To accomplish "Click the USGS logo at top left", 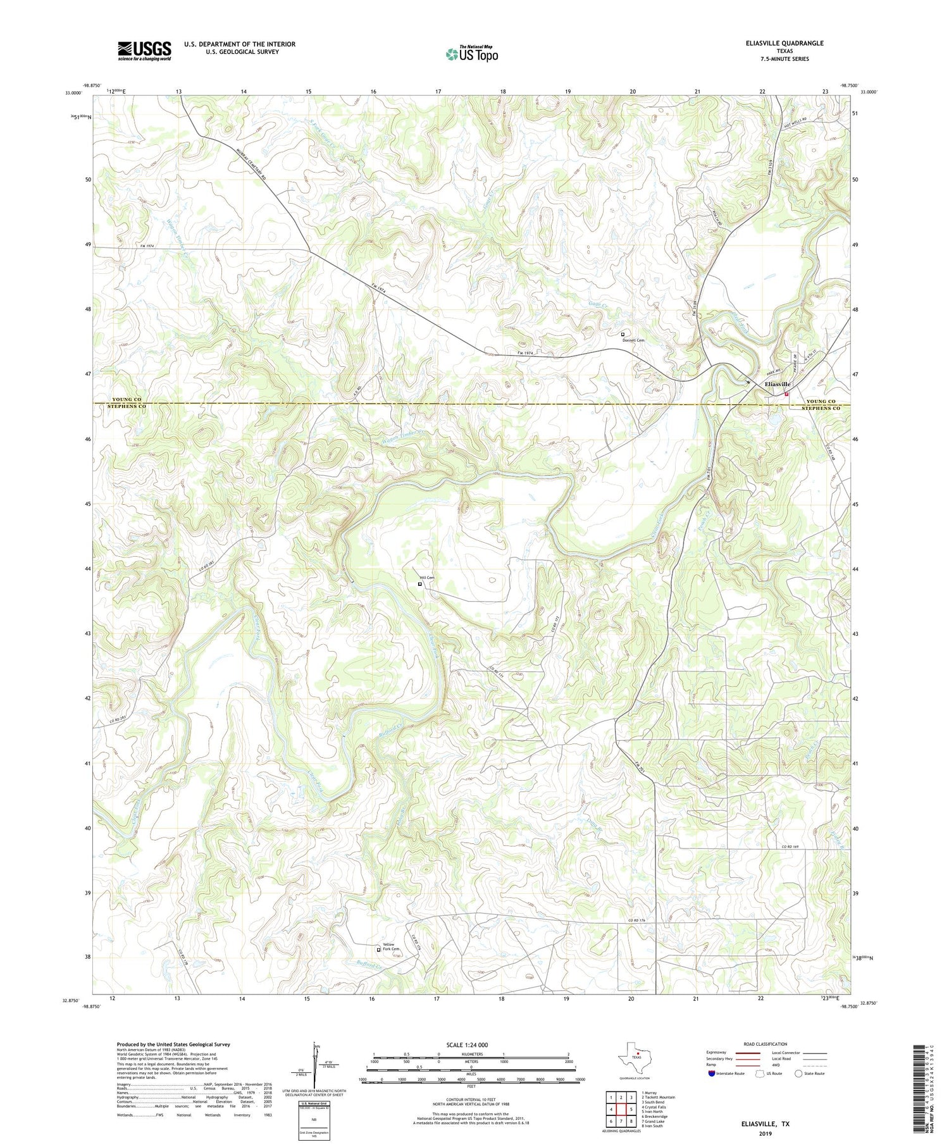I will point(144,51).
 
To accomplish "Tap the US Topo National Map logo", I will point(471,54).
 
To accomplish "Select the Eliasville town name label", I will point(778,384).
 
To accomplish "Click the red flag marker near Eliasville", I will point(786,394).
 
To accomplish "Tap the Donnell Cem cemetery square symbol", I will point(623,334).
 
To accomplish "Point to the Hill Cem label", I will point(427,578).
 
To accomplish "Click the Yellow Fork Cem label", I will point(391,946).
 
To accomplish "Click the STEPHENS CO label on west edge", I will point(127,408).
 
